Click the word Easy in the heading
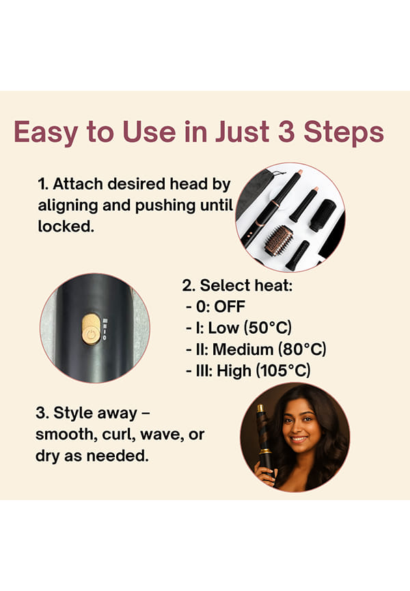(x=46, y=132)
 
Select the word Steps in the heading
(x=344, y=132)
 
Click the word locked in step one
(x=65, y=226)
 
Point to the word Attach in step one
(x=78, y=184)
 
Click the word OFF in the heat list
(x=230, y=306)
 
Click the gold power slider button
(x=91, y=330)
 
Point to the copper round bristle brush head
(x=278, y=240)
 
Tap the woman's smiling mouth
(x=299, y=439)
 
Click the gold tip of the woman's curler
(x=260, y=408)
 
